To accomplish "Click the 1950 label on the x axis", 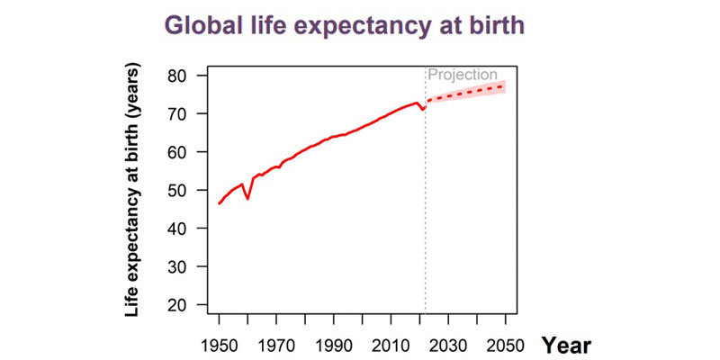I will click(219, 345).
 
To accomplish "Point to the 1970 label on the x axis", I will click(276, 345).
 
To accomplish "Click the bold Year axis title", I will click(566, 344).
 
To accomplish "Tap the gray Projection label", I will click(463, 75).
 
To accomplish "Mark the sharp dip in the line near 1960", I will click(247, 198).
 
